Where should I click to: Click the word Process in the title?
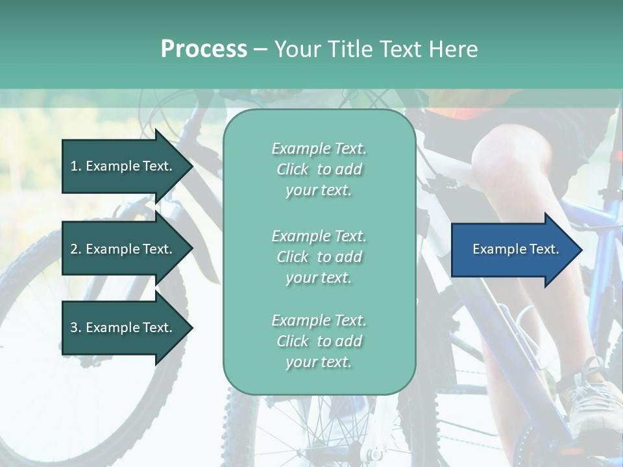(x=204, y=49)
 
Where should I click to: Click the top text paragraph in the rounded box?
(x=319, y=169)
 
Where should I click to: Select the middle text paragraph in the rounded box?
(x=319, y=256)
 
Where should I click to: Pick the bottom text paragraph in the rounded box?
(x=319, y=341)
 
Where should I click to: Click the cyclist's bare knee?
(x=500, y=152)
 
